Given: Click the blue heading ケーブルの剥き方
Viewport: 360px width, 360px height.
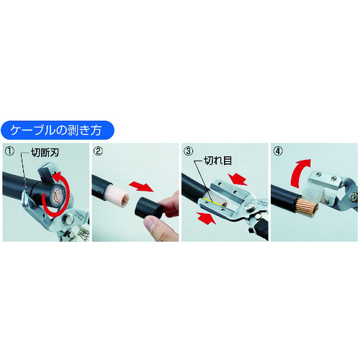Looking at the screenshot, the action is tap(57, 130).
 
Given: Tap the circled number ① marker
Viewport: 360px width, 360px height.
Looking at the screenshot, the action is tap(9, 151).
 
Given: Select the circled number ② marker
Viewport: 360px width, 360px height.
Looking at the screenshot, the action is tap(99, 151).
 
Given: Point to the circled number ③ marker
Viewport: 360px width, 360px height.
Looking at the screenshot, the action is tap(188, 151).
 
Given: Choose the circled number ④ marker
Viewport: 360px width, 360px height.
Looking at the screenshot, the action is tap(278, 151).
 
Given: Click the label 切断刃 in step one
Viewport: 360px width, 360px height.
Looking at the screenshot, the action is tap(45, 153).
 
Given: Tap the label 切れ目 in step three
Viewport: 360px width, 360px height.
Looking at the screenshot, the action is tap(217, 161).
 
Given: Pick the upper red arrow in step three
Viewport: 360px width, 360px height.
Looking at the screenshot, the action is tap(237, 178).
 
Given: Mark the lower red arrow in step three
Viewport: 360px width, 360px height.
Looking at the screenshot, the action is tap(206, 217).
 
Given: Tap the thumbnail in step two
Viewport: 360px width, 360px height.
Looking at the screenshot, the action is tap(150, 224).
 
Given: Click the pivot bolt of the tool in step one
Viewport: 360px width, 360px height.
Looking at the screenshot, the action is tap(67, 219).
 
